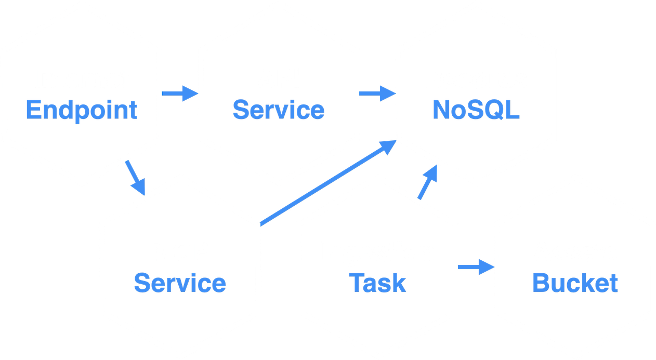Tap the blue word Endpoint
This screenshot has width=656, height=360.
pos(82,110)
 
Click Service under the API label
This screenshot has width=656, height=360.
pos(279,110)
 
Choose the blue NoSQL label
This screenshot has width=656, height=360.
pos(476,110)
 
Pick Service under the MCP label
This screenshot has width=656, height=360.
pos(180,283)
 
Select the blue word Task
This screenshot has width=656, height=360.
pos(377,283)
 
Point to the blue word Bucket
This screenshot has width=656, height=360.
pos(575,283)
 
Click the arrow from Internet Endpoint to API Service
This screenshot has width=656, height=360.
pos(180,94)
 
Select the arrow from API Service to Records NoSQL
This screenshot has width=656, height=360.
pos(377,94)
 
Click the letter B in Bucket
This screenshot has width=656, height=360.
pos(541,283)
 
